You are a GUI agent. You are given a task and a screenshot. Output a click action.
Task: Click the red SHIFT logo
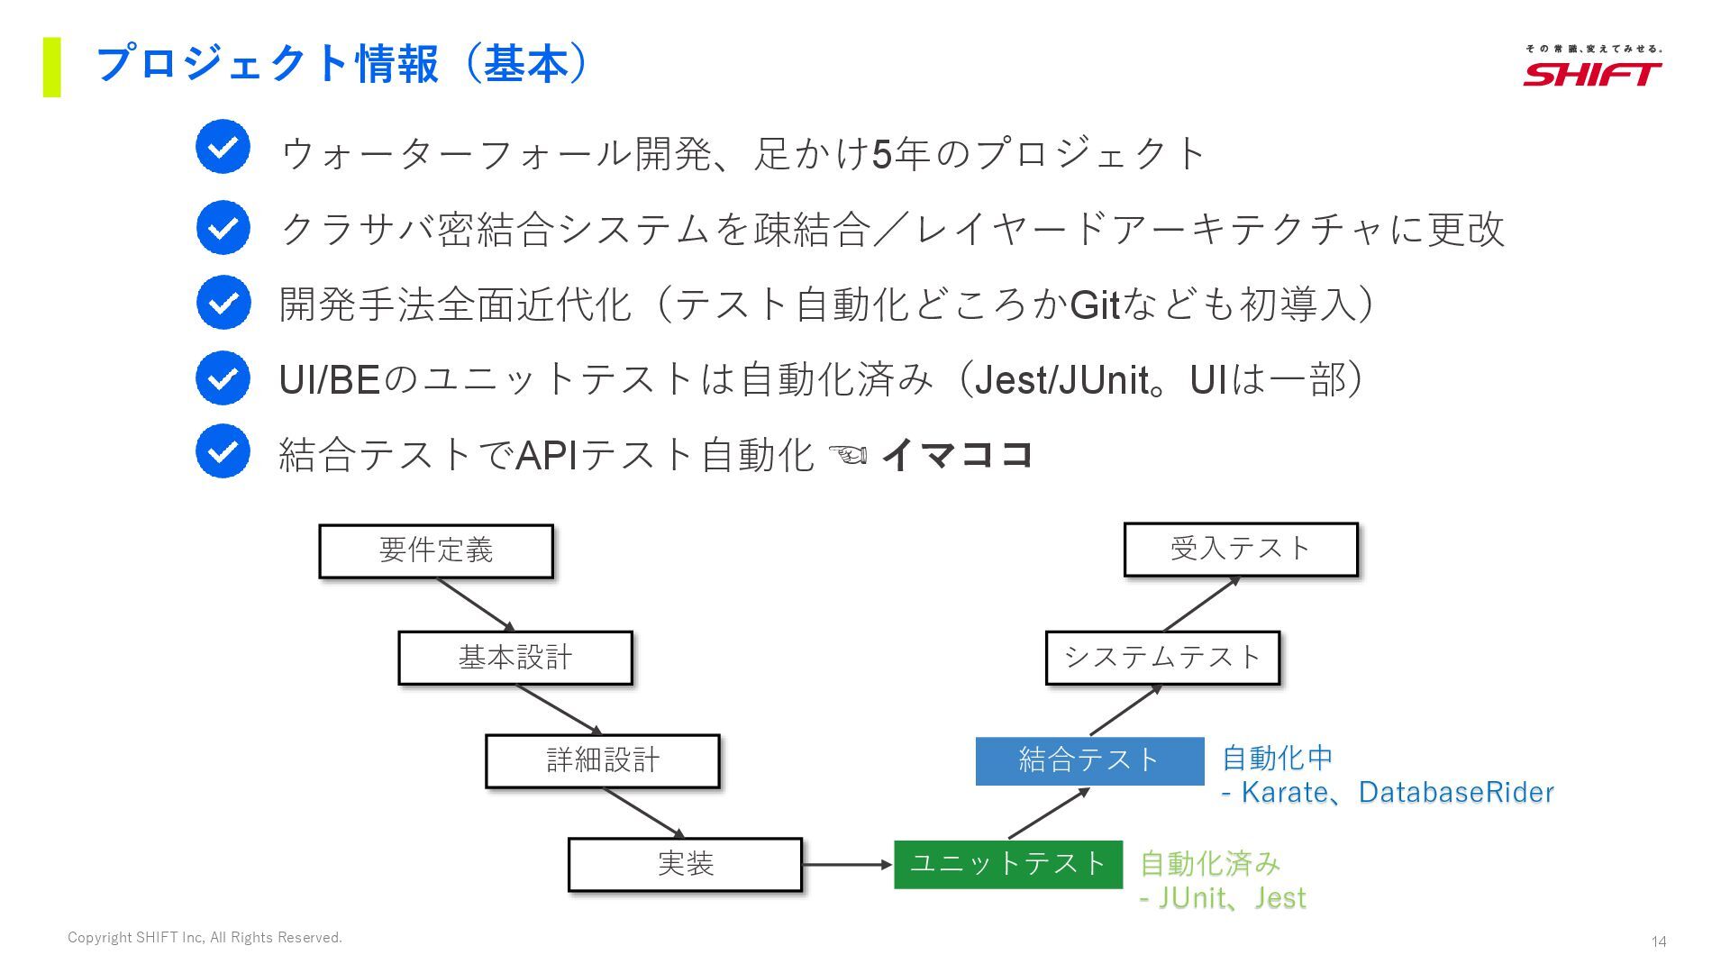1592,73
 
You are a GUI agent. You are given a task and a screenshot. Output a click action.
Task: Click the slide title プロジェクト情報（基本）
342,65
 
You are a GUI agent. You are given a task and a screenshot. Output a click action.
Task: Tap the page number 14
1659,941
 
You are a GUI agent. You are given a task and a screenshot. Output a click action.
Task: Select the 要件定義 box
436,550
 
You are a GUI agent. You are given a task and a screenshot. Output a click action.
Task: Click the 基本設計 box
515,658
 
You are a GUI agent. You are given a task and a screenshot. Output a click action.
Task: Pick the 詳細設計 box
603,761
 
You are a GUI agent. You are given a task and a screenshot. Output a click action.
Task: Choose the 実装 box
685,865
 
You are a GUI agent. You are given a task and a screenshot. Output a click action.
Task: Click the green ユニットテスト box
1008,865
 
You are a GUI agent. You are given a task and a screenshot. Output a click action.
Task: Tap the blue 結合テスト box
1089,761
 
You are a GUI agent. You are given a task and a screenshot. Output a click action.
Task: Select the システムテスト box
1162,658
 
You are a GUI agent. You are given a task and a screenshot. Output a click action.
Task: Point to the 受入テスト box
1241,550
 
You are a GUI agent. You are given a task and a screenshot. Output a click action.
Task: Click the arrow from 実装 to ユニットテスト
847,865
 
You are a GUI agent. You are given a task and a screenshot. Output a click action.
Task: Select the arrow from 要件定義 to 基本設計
476,605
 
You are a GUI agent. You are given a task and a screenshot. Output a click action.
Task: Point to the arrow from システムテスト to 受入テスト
1202,604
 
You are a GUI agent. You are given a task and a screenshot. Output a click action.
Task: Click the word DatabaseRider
1456,793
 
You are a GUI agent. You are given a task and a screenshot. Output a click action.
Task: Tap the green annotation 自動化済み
1210,864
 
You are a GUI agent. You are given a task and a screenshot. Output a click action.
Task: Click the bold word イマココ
957,454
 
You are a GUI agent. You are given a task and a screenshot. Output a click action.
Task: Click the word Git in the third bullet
1094,305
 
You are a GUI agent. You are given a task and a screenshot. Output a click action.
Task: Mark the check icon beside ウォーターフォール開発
223,147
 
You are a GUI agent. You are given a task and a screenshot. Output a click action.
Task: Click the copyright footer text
205,938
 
